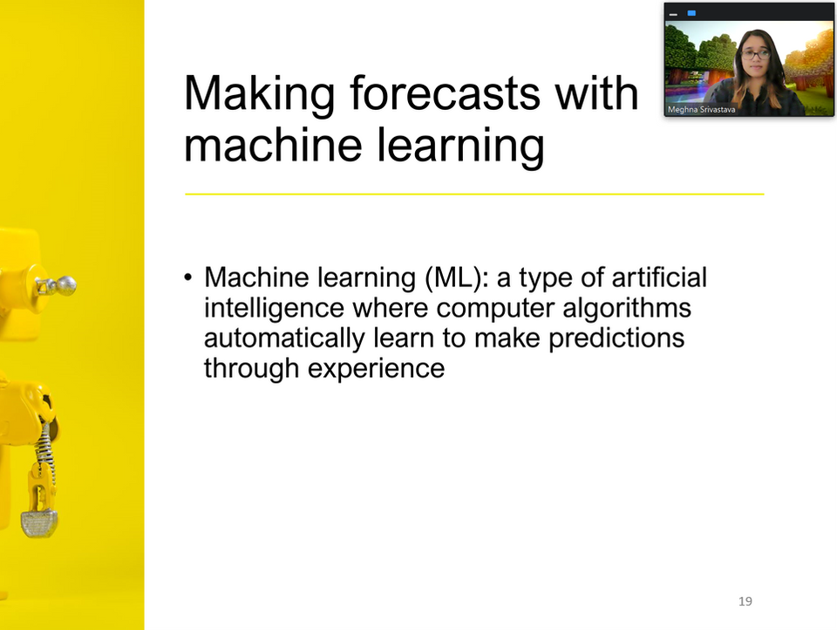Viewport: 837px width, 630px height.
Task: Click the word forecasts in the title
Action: coord(446,93)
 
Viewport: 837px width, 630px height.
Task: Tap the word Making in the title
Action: coord(260,95)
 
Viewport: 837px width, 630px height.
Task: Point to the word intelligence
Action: coord(274,309)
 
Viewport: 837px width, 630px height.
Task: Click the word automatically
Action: coord(284,339)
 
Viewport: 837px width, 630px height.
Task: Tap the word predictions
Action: coord(616,339)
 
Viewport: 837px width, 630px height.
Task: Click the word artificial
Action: coord(659,277)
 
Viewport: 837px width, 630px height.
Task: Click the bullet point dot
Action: coord(187,277)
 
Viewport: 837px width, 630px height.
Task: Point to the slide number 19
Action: coord(745,601)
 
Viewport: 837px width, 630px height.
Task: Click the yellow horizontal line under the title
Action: coord(474,194)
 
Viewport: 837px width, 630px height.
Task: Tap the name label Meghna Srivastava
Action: coord(701,110)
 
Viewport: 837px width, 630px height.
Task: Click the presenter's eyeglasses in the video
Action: coord(756,54)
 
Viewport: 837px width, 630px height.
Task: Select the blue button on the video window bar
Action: coord(691,13)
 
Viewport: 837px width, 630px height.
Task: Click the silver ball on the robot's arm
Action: coord(66,286)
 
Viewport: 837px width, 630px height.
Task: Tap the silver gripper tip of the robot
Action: coord(39,523)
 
